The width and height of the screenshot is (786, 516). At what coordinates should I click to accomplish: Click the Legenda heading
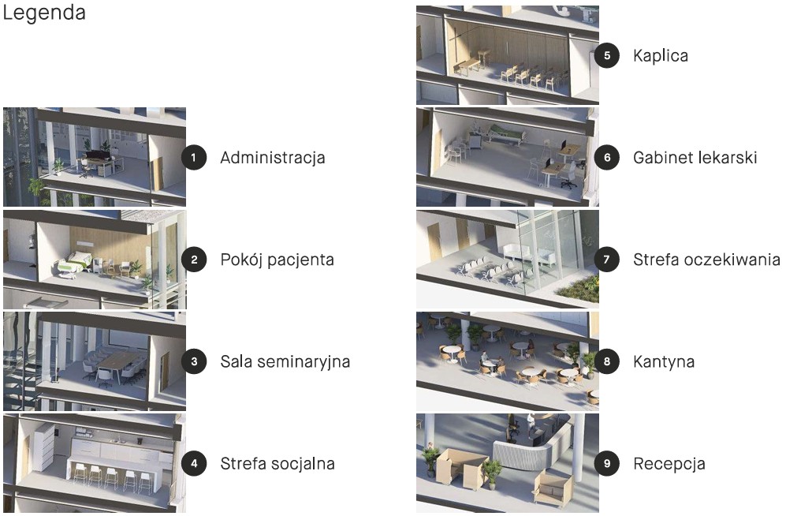[44, 13]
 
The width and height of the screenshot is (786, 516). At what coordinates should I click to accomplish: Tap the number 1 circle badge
[194, 158]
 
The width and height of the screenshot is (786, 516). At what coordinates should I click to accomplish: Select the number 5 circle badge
[607, 55]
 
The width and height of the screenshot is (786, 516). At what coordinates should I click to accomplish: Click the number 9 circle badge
[607, 463]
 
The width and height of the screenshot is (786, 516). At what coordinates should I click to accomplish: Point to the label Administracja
[273, 158]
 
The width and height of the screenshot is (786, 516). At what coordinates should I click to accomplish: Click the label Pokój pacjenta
[278, 260]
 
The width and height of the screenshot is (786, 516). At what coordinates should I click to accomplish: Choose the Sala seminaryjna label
[285, 361]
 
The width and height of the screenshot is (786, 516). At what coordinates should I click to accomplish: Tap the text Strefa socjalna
[278, 464]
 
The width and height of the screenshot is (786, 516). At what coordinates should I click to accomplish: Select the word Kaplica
[661, 56]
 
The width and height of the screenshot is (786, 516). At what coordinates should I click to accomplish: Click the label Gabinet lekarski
[695, 158]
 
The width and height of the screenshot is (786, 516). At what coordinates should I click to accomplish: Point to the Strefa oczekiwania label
[707, 260]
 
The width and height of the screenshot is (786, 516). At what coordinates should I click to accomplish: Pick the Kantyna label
[664, 361]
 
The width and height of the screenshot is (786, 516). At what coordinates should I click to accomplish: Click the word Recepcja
[669, 464]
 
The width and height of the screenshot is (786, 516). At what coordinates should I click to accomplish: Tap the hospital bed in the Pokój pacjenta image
[73, 264]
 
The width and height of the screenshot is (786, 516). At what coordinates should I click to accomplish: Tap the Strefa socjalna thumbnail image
[95, 463]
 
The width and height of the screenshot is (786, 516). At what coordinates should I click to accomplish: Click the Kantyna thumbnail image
[507, 361]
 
